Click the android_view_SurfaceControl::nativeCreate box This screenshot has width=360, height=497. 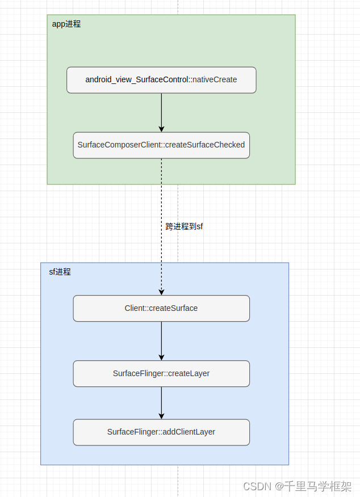[161, 80]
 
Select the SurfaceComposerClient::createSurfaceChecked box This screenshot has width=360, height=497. [161, 145]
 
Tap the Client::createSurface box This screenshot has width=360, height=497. [161, 308]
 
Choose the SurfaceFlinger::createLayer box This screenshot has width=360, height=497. [161, 373]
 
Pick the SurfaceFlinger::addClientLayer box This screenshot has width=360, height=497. [161, 432]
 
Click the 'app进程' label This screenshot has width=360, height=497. [66, 24]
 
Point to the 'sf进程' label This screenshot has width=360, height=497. [60, 272]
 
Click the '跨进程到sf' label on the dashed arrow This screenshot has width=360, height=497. [184, 226]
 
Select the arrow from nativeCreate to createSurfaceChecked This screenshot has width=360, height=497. [161, 112]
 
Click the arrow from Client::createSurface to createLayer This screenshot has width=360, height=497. [161, 340]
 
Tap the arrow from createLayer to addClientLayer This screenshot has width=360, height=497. [161, 403]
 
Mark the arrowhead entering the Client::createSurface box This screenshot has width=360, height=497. [161, 292]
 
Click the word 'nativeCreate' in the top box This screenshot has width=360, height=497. [215, 80]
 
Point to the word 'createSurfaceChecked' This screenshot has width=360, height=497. [205, 145]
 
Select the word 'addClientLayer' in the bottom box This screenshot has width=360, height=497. [189, 432]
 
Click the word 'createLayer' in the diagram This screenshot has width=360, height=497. [189, 373]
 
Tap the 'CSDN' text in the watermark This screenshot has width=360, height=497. [256, 486]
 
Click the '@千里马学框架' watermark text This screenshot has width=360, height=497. [313, 486]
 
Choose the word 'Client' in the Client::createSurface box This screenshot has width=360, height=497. [135, 308]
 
